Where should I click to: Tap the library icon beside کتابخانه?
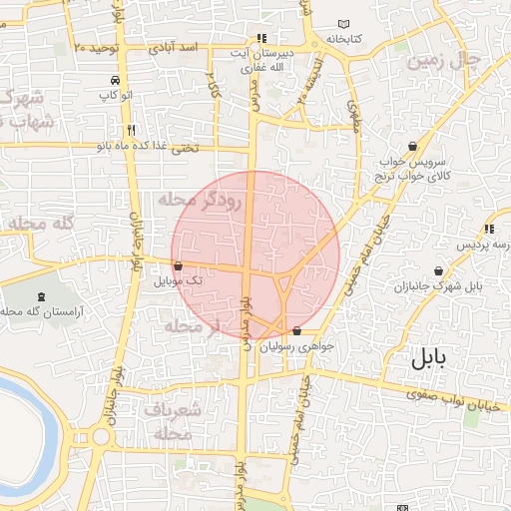click(344, 24)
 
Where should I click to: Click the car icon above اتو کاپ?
click(117, 80)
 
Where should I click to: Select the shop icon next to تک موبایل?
click(178, 266)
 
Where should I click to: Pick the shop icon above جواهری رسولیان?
click(296, 330)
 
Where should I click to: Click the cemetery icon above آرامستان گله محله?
click(41, 296)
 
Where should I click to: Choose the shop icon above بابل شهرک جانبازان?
click(440, 270)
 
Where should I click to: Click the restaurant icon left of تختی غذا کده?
click(131, 131)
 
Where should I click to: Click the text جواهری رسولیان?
click(295, 347)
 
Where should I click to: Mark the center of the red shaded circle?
click(255, 255)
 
